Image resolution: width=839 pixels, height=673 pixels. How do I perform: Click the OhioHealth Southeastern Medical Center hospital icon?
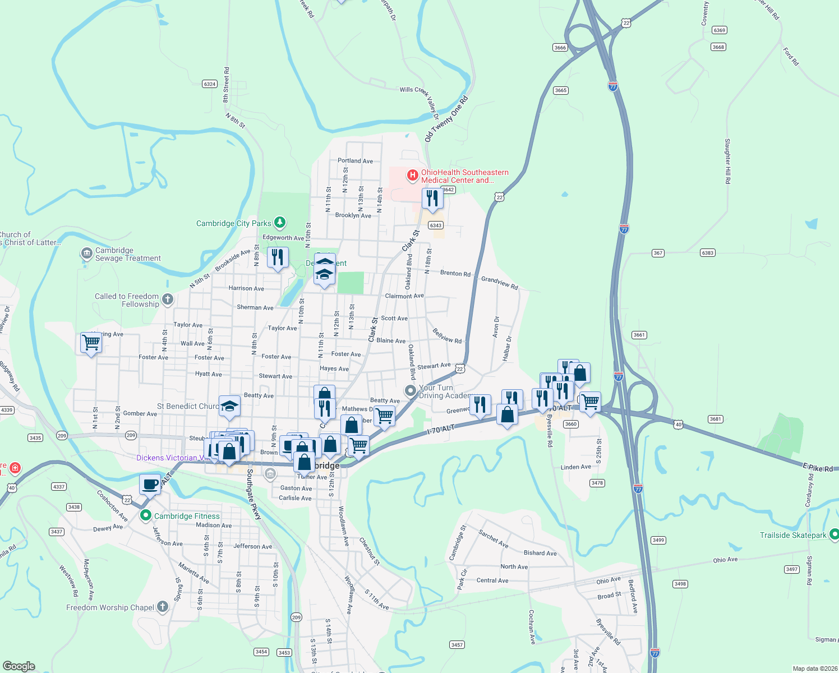pyautogui.click(x=413, y=176)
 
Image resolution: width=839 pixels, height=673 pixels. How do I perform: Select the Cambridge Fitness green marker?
pyautogui.click(x=146, y=515)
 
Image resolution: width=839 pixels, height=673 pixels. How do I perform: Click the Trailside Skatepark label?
pyautogui.click(x=793, y=535)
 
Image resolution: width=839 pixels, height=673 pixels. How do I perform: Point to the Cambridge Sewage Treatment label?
pyautogui.click(x=128, y=255)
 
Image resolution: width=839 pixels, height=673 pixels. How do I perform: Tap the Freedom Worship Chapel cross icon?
pyautogui.click(x=163, y=606)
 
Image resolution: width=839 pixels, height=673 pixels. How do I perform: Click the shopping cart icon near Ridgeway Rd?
pyautogui.click(x=91, y=342)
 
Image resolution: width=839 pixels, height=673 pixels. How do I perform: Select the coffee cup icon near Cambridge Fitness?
pyautogui.click(x=150, y=485)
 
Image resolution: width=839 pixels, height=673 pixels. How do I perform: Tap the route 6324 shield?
pyautogui.click(x=210, y=84)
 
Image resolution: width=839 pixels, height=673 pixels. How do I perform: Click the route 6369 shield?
pyautogui.click(x=719, y=30)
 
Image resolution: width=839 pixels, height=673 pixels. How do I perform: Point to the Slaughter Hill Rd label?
pyautogui.click(x=727, y=162)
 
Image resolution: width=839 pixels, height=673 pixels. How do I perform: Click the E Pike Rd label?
pyautogui.click(x=818, y=468)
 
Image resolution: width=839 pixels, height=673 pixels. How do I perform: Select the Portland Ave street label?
pyautogui.click(x=355, y=161)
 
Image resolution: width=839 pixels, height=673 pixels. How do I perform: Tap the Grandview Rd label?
pyautogui.click(x=499, y=283)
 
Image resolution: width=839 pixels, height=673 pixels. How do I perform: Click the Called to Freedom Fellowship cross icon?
pyautogui.click(x=168, y=299)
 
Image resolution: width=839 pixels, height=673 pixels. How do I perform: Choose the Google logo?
pyautogui.click(x=19, y=666)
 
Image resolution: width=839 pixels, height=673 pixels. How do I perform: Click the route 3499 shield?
pyautogui.click(x=658, y=540)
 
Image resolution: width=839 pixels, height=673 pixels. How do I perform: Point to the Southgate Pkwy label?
pyautogui.click(x=253, y=494)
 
